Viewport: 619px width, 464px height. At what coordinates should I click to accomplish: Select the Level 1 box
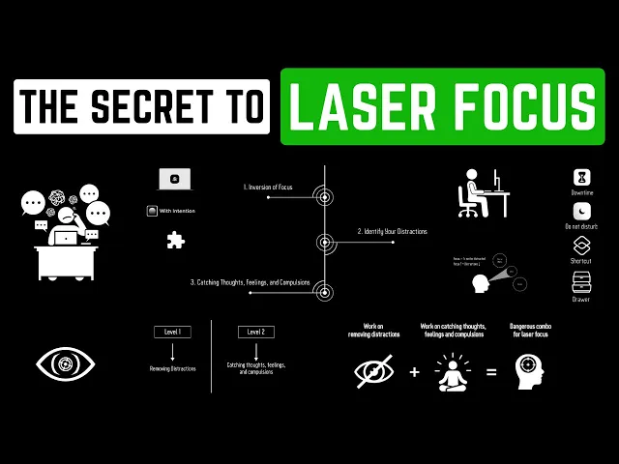pos(171,332)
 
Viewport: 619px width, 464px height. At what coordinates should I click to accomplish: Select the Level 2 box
pos(255,332)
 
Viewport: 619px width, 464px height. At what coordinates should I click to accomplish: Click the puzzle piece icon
pos(175,240)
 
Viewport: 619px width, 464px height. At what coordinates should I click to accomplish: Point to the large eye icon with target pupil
pos(65,363)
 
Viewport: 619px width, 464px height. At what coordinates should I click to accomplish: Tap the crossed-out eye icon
pos(373,370)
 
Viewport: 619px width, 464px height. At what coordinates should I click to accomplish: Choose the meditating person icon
pos(453,370)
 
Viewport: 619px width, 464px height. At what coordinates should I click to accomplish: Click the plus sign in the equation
pos(415,370)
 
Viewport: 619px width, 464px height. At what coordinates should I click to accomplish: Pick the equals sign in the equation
pos(491,370)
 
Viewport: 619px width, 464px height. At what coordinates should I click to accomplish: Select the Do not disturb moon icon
pos(581,211)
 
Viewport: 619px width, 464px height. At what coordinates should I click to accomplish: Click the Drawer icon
pos(581,281)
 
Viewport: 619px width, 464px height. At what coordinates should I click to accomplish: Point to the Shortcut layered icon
pos(581,246)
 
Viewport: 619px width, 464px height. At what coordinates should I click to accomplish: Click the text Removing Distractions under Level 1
pos(171,368)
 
